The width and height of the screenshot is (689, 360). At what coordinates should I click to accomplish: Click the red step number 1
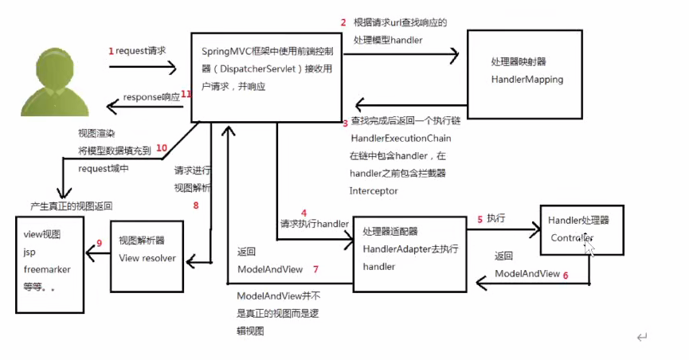(x=112, y=50)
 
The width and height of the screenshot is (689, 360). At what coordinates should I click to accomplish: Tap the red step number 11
(x=186, y=94)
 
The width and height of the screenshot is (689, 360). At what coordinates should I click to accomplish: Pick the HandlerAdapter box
(x=409, y=248)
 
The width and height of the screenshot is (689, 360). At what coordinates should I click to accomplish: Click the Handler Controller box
(x=581, y=229)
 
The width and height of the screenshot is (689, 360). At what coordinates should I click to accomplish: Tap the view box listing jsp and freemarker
(x=49, y=262)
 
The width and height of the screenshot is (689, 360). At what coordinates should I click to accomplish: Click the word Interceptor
(x=374, y=191)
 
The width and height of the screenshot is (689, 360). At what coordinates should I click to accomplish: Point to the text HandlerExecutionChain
(x=395, y=139)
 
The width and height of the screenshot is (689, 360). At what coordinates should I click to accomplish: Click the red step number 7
(x=315, y=269)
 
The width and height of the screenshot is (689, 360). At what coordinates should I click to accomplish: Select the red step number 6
(x=566, y=274)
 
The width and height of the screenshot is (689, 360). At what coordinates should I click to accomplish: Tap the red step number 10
(x=162, y=147)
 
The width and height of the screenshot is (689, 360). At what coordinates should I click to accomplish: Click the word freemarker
(x=47, y=269)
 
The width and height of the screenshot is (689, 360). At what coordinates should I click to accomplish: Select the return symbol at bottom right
(x=641, y=338)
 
